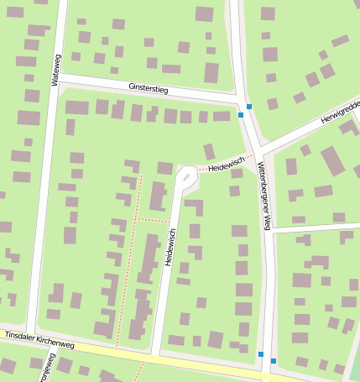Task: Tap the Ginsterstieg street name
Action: pyautogui.click(x=149, y=87)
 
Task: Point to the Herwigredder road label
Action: pyautogui.click(x=339, y=114)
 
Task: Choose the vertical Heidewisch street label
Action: pyautogui.click(x=170, y=248)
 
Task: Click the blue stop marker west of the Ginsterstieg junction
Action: pyautogui.click(x=241, y=114)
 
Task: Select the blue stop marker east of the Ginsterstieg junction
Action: pyautogui.click(x=249, y=107)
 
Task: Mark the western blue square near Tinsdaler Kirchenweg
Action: pyautogui.click(x=261, y=353)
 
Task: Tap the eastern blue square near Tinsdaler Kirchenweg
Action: pyautogui.click(x=273, y=361)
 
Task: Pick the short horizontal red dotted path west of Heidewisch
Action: pyautogui.click(x=153, y=220)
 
